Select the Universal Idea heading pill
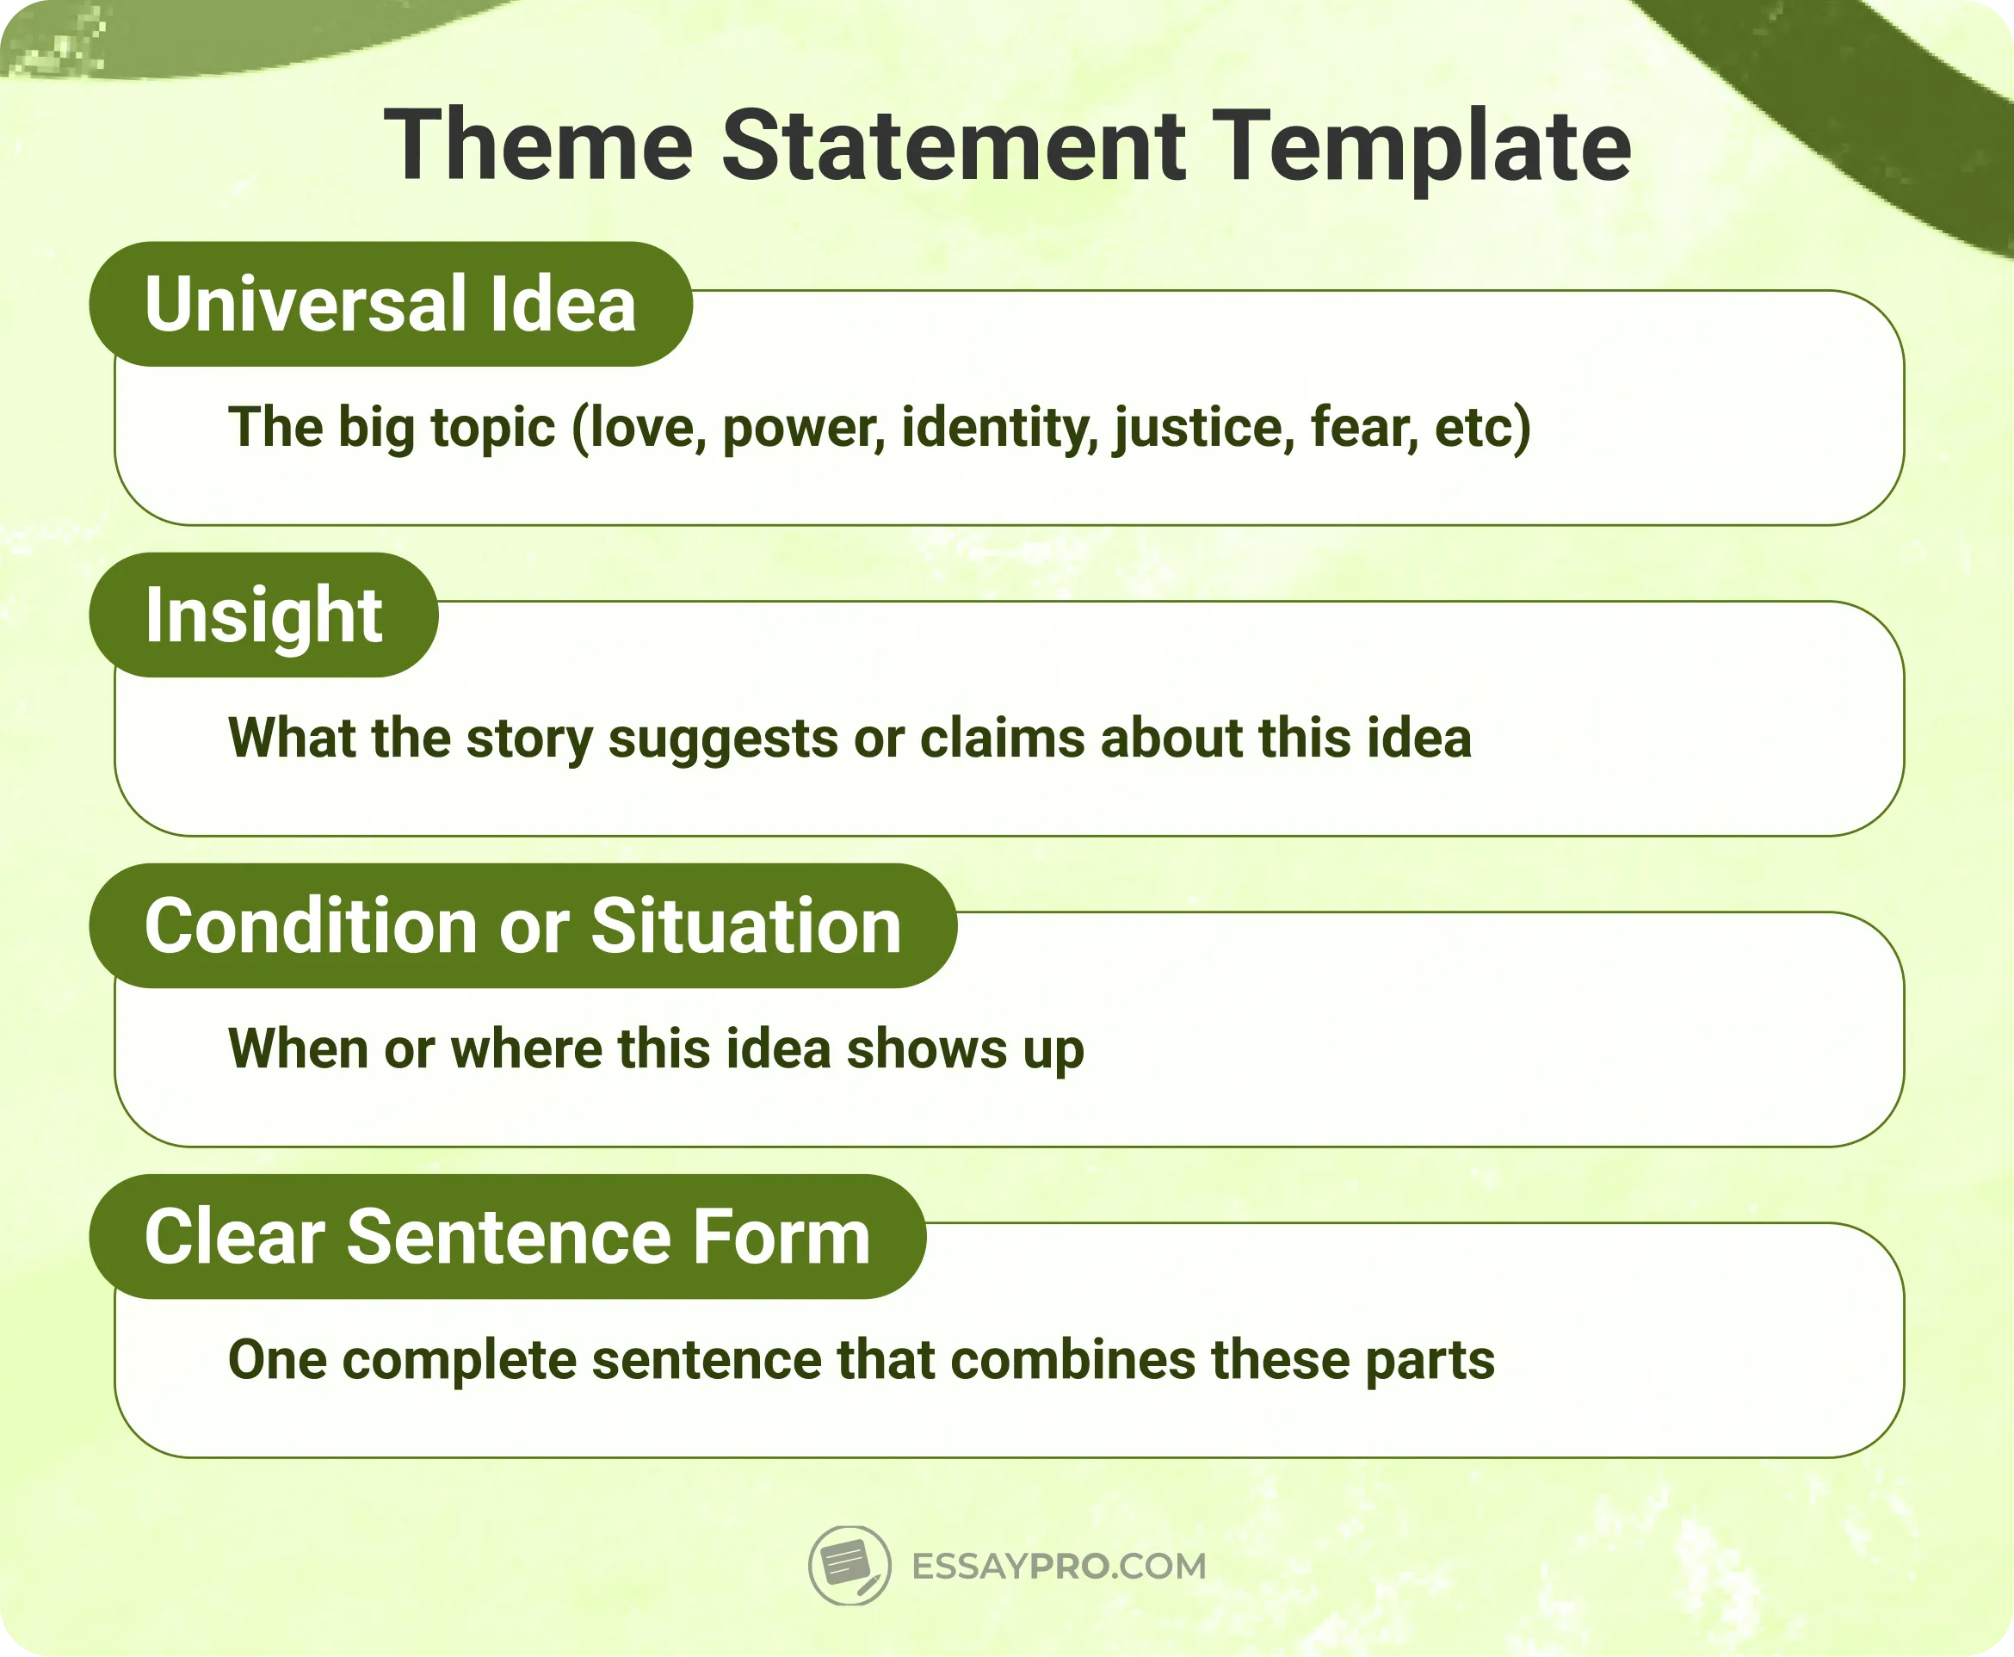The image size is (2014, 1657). (x=391, y=304)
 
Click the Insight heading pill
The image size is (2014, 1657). (x=263, y=615)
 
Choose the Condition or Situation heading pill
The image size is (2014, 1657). (x=522, y=926)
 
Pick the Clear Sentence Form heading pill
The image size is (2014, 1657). (x=507, y=1236)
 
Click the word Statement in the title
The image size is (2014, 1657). (x=953, y=145)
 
